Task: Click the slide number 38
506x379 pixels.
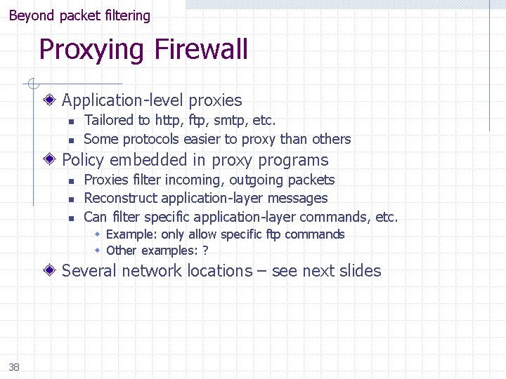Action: click(x=14, y=366)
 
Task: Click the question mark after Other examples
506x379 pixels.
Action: click(x=205, y=251)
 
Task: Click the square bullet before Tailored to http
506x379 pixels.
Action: click(x=71, y=121)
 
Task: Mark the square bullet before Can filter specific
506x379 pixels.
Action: click(x=71, y=218)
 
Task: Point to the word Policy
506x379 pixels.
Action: click(x=83, y=160)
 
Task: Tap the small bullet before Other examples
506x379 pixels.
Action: click(x=99, y=251)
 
